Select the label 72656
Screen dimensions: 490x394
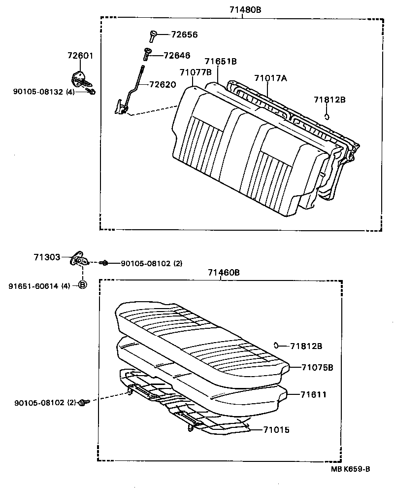pyautogui.click(x=184, y=35)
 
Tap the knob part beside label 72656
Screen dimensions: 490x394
pyautogui.click(x=153, y=35)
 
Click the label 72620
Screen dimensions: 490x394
pyautogui.click(x=162, y=84)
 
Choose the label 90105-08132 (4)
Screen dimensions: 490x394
pyautogui.click(x=44, y=92)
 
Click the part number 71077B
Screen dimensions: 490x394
pyautogui.click(x=196, y=72)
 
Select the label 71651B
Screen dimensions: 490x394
pyautogui.click(x=221, y=62)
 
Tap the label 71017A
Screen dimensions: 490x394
pyautogui.click(x=270, y=78)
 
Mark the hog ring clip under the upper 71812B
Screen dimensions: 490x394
pyautogui.click(x=327, y=116)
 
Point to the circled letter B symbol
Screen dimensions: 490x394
pyautogui.click(x=83, y=285)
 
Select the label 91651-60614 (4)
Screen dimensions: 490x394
pyautogui.click(x=39, y=285)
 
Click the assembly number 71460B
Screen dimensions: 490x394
pyautogui.click(x=224, y=272)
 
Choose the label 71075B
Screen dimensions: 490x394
pyautogui.click(x=318, y=367)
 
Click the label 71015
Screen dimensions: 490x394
pyautogui.click(x=276, y=430)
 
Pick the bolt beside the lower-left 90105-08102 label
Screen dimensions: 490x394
pyautogui.click(x=82, y=403)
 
